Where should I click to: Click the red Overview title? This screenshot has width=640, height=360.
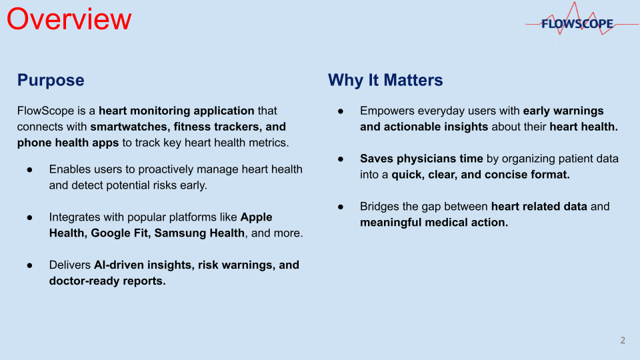pos(69,19)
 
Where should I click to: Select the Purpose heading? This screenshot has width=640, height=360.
pos(51,81)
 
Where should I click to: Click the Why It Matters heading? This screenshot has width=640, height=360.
pos(385,80)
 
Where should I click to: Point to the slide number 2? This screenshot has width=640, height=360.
pos(623,341)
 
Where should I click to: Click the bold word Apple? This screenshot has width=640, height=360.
pos(256,217)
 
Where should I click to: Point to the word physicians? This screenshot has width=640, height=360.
pos(425,159)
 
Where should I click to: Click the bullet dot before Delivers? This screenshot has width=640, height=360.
pos(30,265)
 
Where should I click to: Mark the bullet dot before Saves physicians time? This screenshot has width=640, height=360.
pos(341,159)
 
